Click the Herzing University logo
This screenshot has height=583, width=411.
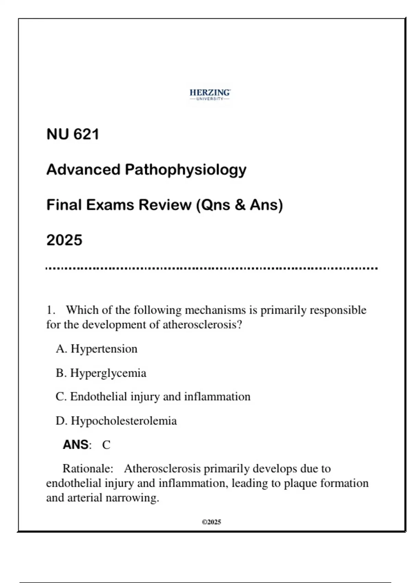click(210, 95)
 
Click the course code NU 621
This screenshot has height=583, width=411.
click(73, 134)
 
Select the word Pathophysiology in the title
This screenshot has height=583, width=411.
click(185, 170)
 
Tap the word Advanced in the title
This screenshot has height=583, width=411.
click(83, 169)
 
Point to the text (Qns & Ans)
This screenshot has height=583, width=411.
click(239, 205)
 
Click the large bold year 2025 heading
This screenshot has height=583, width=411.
click(64, 240)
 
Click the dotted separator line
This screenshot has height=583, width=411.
click(211, 269)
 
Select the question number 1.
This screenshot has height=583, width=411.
click(51, 310)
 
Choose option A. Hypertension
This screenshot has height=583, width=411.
click(97, 349)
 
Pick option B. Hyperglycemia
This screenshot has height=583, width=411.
click(101, 373)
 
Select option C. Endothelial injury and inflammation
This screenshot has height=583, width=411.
click(153, 397)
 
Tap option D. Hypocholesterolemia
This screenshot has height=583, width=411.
click(116, 421)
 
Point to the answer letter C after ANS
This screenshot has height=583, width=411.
click(106, 445)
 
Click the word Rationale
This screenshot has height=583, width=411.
click(88, 468)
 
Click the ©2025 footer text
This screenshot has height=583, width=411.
click(211, 522)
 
